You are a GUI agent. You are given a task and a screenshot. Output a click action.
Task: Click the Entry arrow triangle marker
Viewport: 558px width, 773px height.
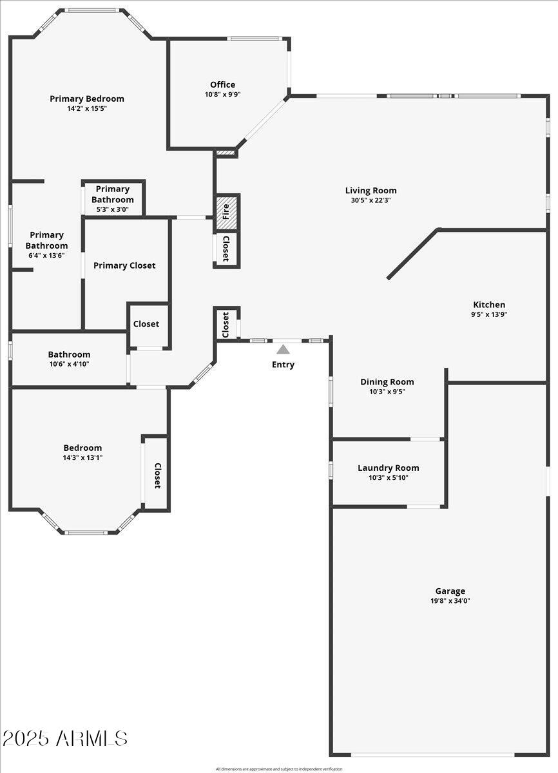pyautogui.click(x=283, y=349)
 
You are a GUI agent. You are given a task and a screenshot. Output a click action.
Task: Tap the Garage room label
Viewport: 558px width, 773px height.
pyautogui.click(x=450, y=591)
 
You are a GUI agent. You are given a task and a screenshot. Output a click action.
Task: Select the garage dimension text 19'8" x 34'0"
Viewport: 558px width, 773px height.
pyautogui.click(x=450, y=601)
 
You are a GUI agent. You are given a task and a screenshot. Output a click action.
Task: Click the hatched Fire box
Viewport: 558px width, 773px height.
pyautogui.click(x=226, y=212)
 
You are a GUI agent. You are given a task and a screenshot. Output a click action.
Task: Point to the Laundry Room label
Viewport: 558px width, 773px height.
pyautogui.click(x=388, y=468)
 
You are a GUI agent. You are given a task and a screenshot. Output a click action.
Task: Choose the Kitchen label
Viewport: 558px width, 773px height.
pyautogui.click(x=489, y=305)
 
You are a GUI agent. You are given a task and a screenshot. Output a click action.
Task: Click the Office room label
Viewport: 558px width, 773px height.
pyautogui.click(x=222, y=84)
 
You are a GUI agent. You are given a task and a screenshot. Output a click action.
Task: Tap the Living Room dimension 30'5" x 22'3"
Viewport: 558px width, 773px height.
pyautogui.click(x=370, y=200)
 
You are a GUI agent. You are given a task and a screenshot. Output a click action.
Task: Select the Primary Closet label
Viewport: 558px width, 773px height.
pyautogui.click(x=124, y=265)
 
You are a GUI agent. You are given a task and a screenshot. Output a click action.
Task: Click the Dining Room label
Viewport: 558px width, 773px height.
pyautogui.click(x=387, y=381)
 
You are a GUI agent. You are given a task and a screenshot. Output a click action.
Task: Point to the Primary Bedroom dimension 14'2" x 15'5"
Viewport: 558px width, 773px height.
pyautogui.click(x=87, y=109)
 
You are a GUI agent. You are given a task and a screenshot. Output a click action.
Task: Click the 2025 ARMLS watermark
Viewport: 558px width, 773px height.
pyautogui.click(x=64, y=738)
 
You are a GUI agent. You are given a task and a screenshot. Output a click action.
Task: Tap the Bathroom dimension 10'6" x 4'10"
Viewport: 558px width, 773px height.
pyautogui.click(x=69, y=364)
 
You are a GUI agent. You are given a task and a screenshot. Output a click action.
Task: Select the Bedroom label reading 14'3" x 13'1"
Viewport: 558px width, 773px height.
pyautogui.click(x=82, y=457)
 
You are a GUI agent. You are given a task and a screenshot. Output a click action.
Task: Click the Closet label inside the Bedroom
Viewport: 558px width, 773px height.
pyautogui.click(x=157, y=475)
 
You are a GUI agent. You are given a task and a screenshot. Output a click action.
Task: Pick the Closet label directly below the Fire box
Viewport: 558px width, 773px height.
pyautogui.click(x=226, y=248)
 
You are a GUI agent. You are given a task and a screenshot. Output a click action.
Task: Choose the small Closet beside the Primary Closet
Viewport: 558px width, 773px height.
pyautogui.click(x=146, y=324)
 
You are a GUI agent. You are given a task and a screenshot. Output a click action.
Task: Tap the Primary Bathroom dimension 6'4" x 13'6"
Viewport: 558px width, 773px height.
pyautogui.click(x=46, y=255)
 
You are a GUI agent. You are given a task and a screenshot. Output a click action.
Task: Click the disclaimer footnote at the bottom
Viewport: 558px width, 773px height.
pyautogui.click(x=279, y=768)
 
